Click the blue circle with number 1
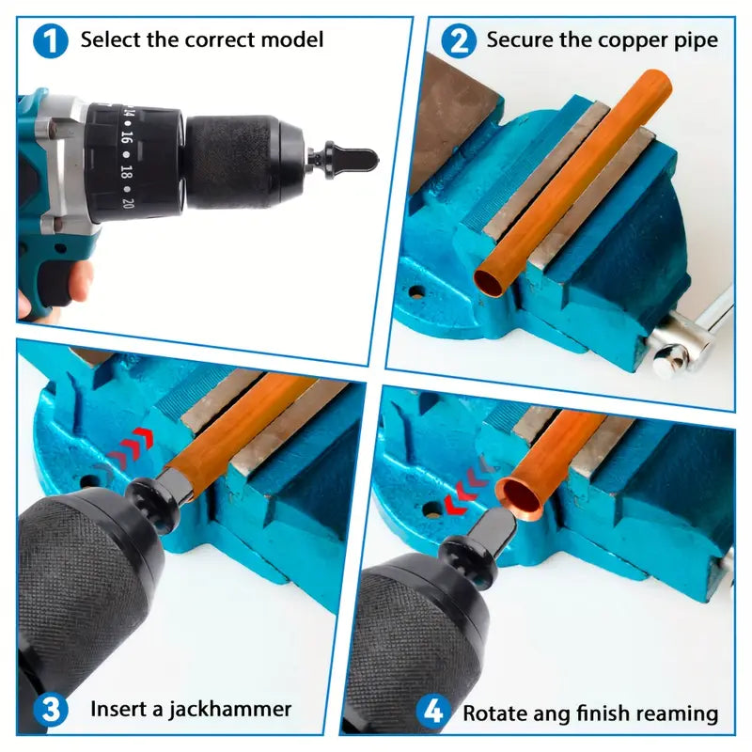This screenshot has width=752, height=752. click(51, 41)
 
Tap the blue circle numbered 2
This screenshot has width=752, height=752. click(459, 41)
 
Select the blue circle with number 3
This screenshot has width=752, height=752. click(51, 710)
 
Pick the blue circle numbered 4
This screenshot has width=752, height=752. click(433, 712)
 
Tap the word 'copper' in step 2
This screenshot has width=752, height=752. click(632, 40)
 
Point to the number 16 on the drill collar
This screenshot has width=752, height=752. click(126, 137)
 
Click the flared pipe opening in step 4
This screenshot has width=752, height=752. click(521, 499)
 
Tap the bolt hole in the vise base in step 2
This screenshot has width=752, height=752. click(416, 290)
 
